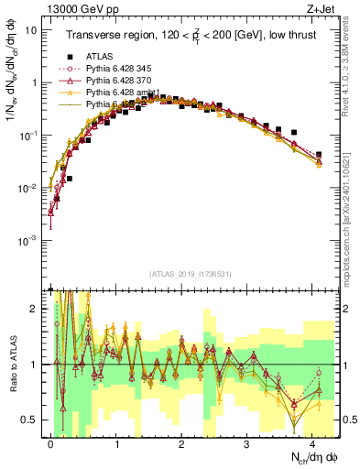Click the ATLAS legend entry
click(x=98, y=58)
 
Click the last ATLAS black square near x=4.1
click(x=318, y=155)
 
